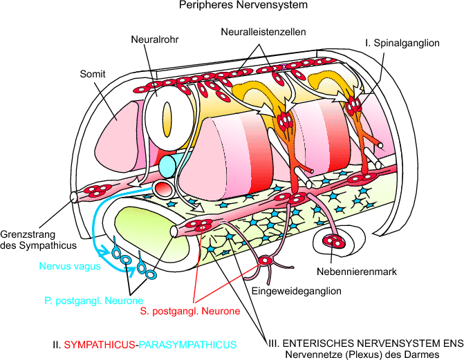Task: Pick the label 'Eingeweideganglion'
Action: [x=297, y=291]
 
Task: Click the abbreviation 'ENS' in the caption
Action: [x=452, y=343]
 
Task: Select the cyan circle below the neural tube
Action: [x=169, y=166]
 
